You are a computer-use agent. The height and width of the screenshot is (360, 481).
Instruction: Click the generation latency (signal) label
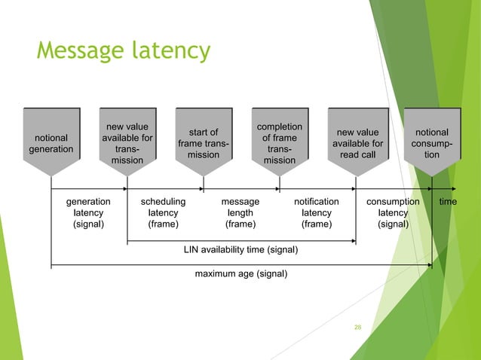(x=88, y=213)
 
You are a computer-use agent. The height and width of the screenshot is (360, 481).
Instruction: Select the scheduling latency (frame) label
(x=164, y=213)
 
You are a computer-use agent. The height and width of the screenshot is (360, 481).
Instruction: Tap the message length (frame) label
(x=240, y=213)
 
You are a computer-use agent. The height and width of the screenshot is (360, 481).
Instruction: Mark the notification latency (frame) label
(x=316, y=213)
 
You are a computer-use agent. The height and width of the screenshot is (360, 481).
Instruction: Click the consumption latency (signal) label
(x=393, y=213)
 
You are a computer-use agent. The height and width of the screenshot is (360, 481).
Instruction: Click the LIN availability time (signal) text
(x=240, y=249)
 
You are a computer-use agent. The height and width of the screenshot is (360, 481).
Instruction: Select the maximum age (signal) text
(x=240, y=274)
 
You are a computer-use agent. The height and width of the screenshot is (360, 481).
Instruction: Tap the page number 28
(x=358, y=327)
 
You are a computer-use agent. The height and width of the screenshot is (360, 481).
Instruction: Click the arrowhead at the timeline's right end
(x=452, y=188)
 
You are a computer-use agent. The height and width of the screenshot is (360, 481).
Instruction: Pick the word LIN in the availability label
(x=192, y=249)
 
